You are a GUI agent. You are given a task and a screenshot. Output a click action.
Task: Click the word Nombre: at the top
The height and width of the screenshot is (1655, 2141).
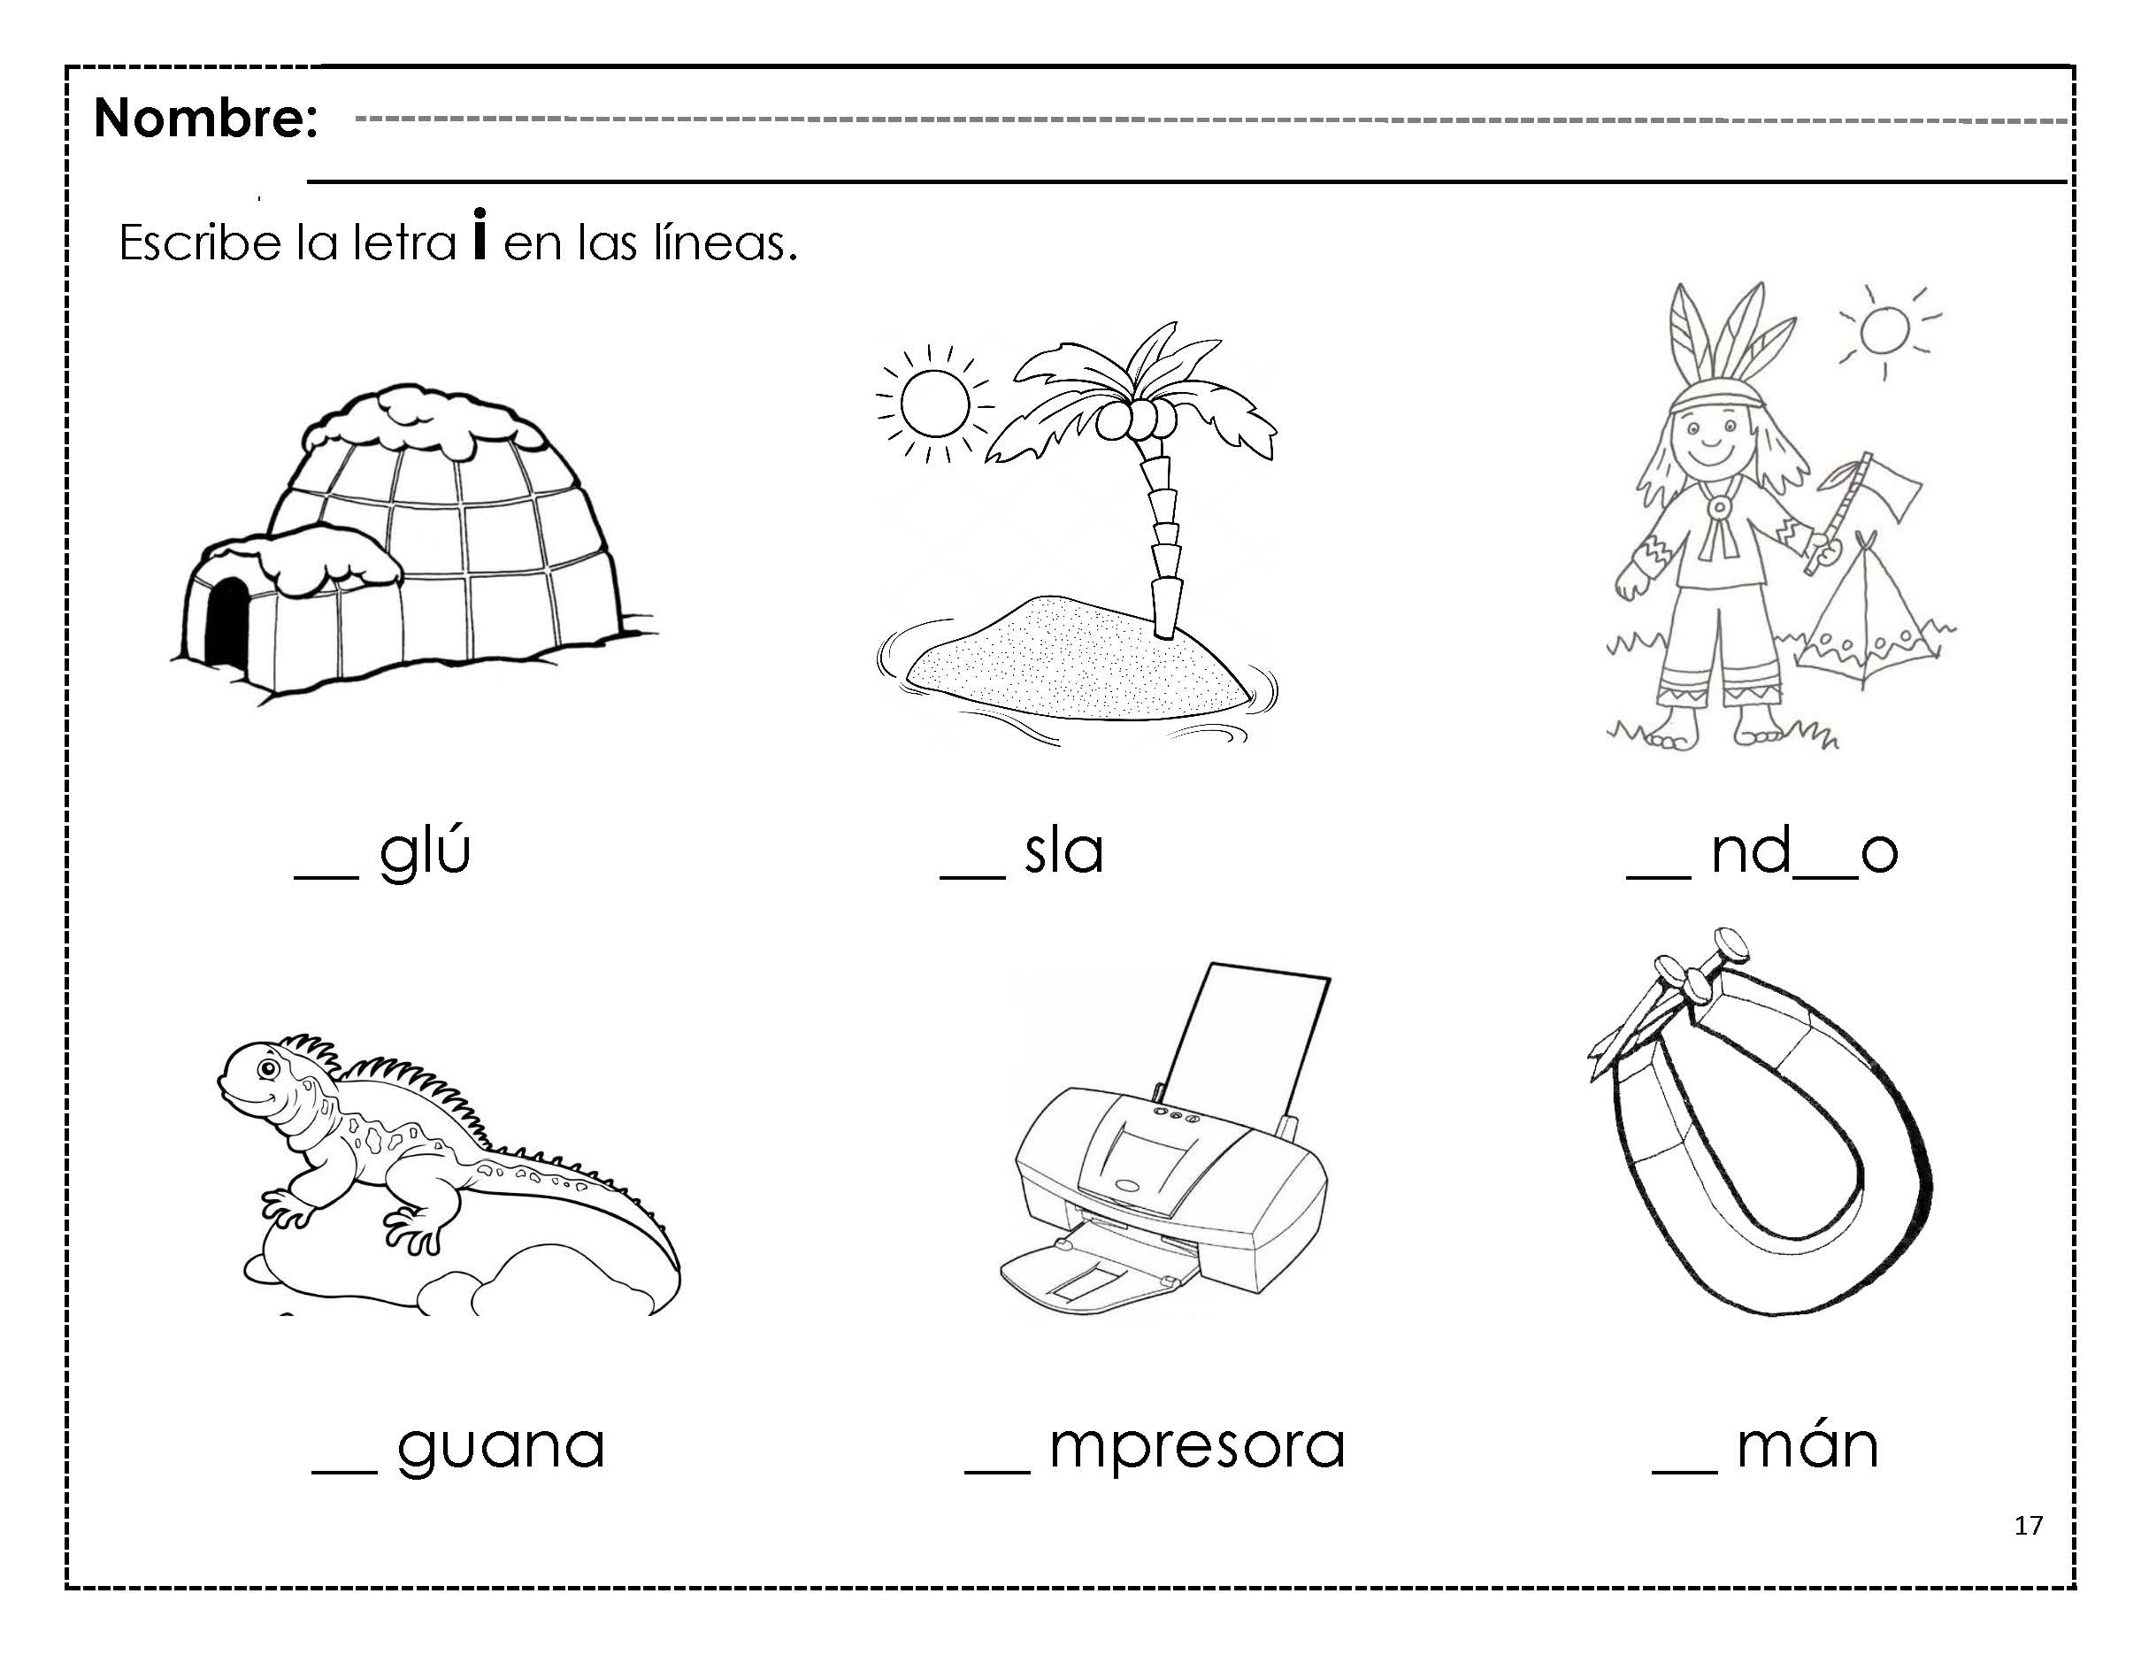point(206,119)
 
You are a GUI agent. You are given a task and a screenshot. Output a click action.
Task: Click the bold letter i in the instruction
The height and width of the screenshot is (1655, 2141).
point(480,235)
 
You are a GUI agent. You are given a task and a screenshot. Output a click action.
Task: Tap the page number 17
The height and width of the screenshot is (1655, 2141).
point(2029,1525)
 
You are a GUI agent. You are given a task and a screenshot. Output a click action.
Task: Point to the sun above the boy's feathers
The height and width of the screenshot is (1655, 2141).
point(1884,330)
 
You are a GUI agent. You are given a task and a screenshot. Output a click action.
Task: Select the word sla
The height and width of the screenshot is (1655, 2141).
point(1063,851)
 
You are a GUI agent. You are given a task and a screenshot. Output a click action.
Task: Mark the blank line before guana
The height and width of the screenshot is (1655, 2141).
point(344,1471)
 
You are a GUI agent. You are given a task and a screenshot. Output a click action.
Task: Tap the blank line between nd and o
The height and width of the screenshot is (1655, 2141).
point(1827,875)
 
